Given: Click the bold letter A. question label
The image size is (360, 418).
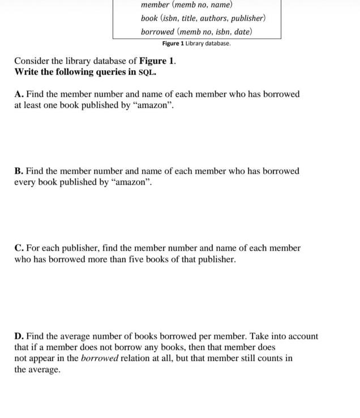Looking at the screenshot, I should click(x=19, y=94).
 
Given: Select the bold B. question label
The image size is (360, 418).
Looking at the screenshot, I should click(x=19, y=171).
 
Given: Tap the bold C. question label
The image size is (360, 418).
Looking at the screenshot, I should click(x=19, y=248).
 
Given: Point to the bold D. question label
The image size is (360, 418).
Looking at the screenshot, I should click(x=19, y=336).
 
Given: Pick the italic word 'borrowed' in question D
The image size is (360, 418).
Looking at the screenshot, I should click(x=98, y=359).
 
